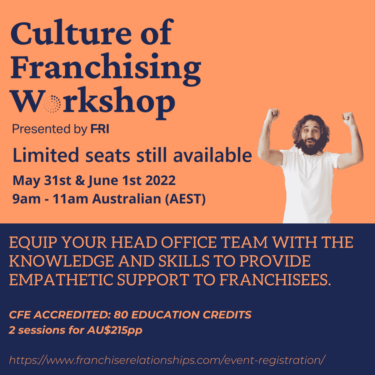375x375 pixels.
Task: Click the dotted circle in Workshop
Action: pyautogui.click(x=52, y=104)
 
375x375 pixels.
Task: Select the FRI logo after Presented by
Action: pyautogui.click(x=100, y=129)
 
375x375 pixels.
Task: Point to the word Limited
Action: pyautogui.click(x=46, y=155)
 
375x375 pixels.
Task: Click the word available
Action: pyautogui.click(x=212, y=155)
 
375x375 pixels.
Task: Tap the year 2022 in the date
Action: pyautogui.click(x=161, y=180)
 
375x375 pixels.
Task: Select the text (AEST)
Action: pyautogui.click(x=185, y=199)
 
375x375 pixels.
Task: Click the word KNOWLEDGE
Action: pyautogui.click(x=61, y=261)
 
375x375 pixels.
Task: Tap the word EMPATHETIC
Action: pyautogui.click(x=61, y=280)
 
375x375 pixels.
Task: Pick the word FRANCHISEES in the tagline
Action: pyautogui.click(x=275, y=280)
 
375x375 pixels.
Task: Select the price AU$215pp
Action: pyautogui.click(x=115, y=330)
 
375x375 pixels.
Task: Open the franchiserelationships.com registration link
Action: pyautogui.click(x=167, y=360)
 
